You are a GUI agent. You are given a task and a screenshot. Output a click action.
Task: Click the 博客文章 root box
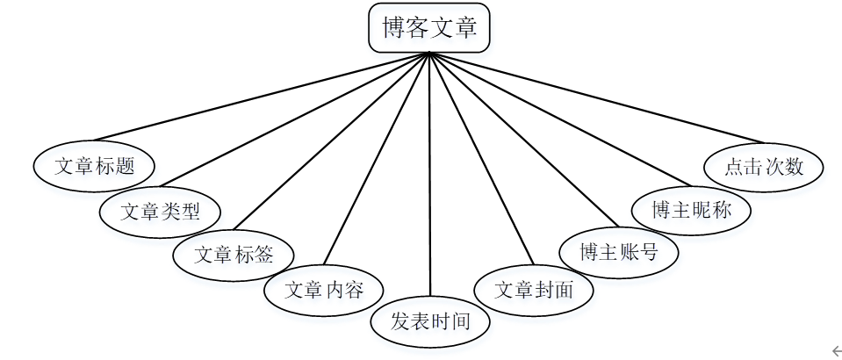(x=428, y=28)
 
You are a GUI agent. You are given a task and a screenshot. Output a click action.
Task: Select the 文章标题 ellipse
(x=95, y=165)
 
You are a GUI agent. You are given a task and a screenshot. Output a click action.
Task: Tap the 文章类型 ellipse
(x=160, y=212)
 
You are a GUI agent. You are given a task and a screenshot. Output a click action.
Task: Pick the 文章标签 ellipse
(x=234, y=255)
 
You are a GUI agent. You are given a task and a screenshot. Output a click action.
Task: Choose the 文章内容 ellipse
(x=324, y=289)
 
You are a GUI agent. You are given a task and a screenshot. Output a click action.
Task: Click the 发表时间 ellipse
(x=430, y=320)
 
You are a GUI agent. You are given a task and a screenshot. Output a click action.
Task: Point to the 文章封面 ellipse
(x=534, y=289)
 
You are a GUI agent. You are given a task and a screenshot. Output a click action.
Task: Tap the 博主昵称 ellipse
(x=691, y=210)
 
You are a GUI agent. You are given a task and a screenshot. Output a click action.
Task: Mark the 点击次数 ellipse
(x=764, y=165)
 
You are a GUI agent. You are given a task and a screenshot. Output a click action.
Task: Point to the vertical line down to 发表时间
(x=429, y=176)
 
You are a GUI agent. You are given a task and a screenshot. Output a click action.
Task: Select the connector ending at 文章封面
(x=480, y=158)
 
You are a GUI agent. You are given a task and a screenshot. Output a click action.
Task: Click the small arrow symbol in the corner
(x=835, y=351)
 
